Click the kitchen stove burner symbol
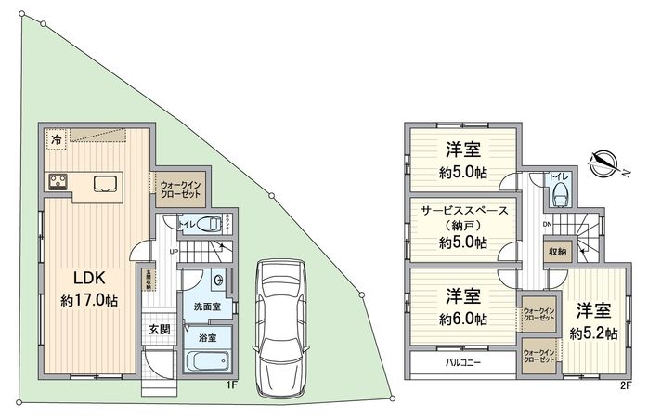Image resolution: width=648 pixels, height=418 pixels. point(57,181)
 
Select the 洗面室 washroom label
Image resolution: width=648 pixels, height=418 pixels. point(206,306)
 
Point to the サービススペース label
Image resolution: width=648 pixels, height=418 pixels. point(461,211)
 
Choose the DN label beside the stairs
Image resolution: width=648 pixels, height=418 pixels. point(547,224)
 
